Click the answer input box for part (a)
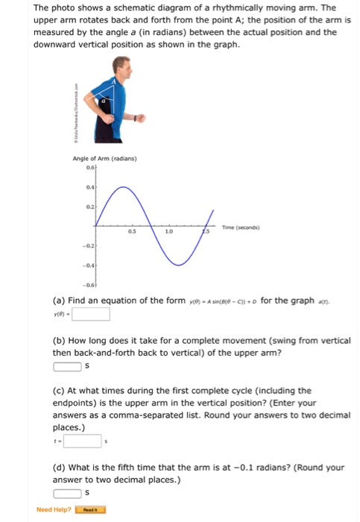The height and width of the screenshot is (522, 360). (x=90, y=313)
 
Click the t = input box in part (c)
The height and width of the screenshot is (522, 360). (x=83, y=441)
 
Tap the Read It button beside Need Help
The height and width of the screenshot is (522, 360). (x=95, y=510)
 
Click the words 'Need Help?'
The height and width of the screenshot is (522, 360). (x=54, y=510)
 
